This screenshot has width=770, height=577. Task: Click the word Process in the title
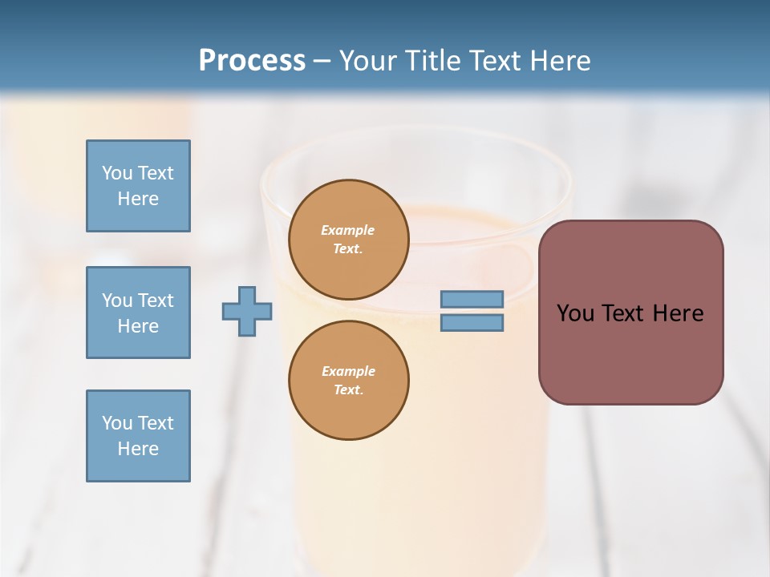252,61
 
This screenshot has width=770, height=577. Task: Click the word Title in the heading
434,61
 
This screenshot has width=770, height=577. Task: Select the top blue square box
138,186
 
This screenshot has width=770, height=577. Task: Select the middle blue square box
138,313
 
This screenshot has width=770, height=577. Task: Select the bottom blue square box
138,436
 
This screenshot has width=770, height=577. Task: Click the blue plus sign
247,311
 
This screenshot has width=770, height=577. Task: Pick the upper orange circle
348,240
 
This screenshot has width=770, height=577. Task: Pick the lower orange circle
348,381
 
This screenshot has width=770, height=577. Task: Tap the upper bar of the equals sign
472,300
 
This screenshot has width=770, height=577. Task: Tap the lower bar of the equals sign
472,323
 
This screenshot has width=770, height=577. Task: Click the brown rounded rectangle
630,353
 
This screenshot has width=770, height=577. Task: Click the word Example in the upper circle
348,230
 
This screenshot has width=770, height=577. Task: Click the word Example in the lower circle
348,371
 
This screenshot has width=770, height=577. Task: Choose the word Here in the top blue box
138,199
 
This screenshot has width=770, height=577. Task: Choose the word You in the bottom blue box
117,423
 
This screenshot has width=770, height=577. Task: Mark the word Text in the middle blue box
156,301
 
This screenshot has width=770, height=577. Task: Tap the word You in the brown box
575,313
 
